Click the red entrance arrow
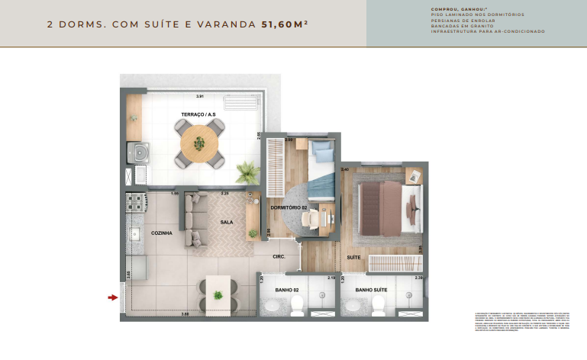tap(114, 297)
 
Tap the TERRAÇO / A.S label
tap(197, 115)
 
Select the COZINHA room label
tap(161, 233)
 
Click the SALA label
tap(227, 222)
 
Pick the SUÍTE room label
tap(354, 258)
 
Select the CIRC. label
tap(279, 257)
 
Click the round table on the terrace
tap(200, 143)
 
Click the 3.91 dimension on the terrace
tap(199, 97)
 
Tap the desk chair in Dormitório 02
tap(311, 217)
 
